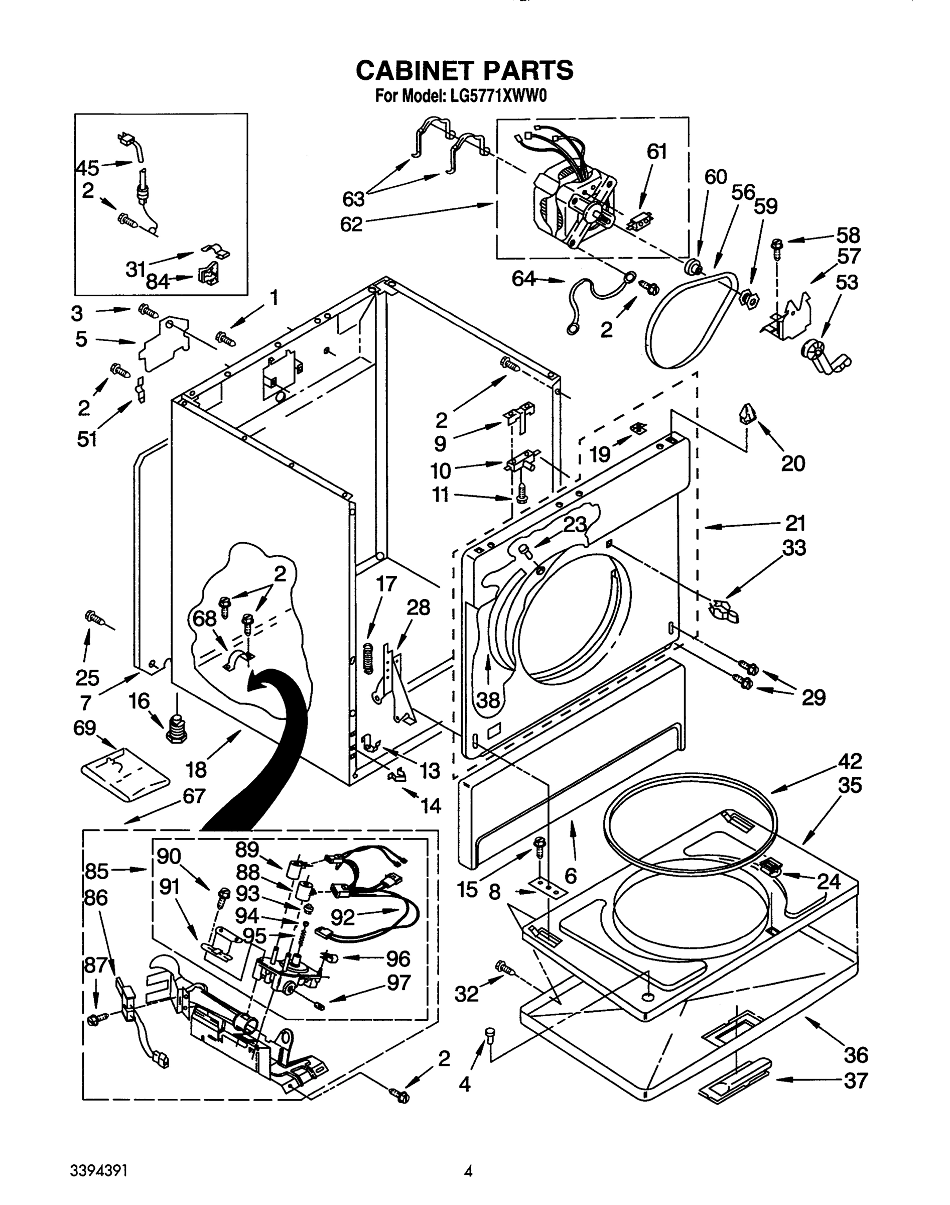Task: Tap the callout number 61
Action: coord(656,151)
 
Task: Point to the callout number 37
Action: coord(856,1081)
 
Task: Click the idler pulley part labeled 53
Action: coord(825,357)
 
